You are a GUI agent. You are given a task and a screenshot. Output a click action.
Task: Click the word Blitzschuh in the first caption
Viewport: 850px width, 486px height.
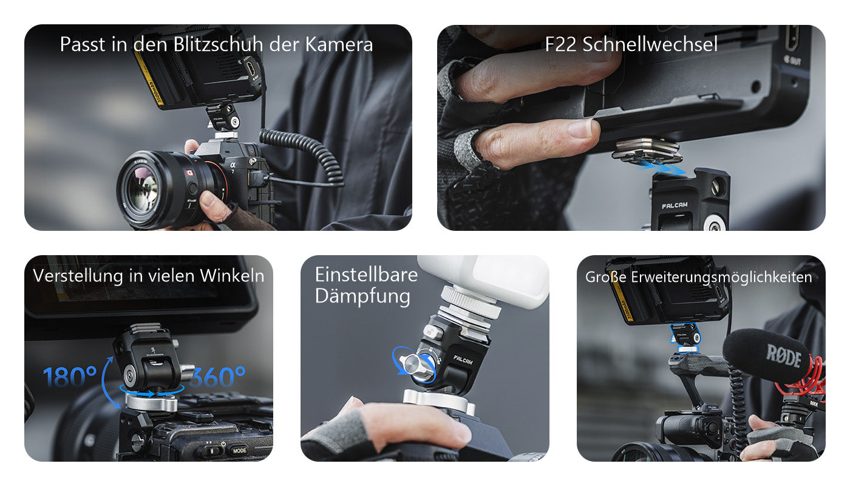(x=218, y=44)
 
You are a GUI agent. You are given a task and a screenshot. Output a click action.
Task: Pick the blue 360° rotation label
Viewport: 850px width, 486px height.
(x=218, y=377)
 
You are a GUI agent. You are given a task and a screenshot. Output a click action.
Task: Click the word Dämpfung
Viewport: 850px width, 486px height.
(x=362, y=296)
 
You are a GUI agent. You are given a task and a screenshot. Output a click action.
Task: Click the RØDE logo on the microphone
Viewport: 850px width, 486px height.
(x=784, y=356)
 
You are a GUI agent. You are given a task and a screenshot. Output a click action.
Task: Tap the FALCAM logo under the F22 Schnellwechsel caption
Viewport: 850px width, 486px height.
(x=675, y=205)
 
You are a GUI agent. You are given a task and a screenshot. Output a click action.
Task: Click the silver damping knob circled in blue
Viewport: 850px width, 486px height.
(x=416, y=366)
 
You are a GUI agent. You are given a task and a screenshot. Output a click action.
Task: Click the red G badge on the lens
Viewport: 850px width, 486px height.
(x=189, y=173)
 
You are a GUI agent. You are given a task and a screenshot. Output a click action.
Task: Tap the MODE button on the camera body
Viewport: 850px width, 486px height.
(x=239, y=450)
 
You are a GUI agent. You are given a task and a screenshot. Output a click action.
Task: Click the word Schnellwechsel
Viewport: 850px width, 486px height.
(x=650, y=44)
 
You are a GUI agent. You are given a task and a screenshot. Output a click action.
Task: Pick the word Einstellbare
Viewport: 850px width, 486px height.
(x=366, y=275)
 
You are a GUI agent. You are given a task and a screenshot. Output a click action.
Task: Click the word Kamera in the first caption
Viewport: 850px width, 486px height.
(x=339, y=44)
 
